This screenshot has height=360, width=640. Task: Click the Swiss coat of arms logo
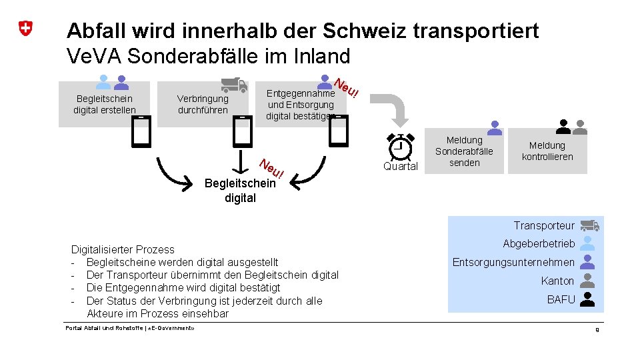(x=25, y=29)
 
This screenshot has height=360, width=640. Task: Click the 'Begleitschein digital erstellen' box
(x=105, y=104)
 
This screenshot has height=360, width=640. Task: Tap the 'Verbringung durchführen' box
(x=203, y=104)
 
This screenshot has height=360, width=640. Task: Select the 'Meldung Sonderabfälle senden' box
(x=464, y=151)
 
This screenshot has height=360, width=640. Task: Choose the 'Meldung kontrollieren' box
(x=547, y=151)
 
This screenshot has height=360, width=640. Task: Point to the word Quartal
(x=400, y=167)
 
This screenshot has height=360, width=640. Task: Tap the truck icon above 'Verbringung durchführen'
(x=234, y=84)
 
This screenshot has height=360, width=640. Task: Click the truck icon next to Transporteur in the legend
(x=589, y=225)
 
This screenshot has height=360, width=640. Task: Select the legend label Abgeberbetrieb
(x=539, y=243)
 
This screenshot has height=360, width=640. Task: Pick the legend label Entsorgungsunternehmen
(x=513, y=262)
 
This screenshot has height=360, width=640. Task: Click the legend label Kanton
(x=557, y=281)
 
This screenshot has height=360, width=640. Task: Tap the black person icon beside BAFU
(x=587, y=299)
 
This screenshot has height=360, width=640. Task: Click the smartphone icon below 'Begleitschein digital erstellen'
(x=141, y=131)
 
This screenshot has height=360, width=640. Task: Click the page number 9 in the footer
(x=597, y=329)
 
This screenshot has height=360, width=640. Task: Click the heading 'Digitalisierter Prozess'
(x=123, y=249)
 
